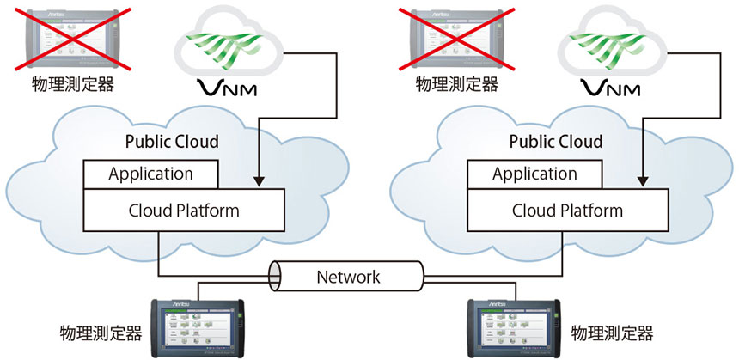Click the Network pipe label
(x=349, y=277)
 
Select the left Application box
(x=150, y=174)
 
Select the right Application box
(x=534, y=174)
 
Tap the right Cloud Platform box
(x=566, y=210)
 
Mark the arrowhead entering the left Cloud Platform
(x=256, y=185)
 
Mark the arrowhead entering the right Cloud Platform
(x=640, y=185)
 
